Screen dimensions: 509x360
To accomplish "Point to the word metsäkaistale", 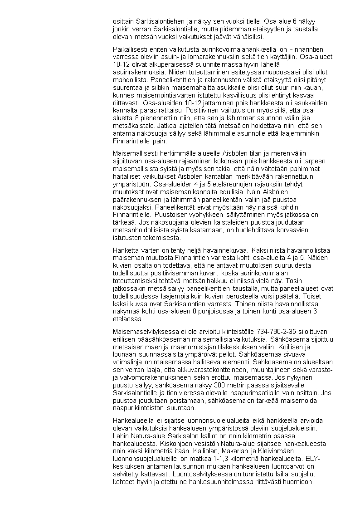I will pyautogui.click(x=129, y=135).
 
